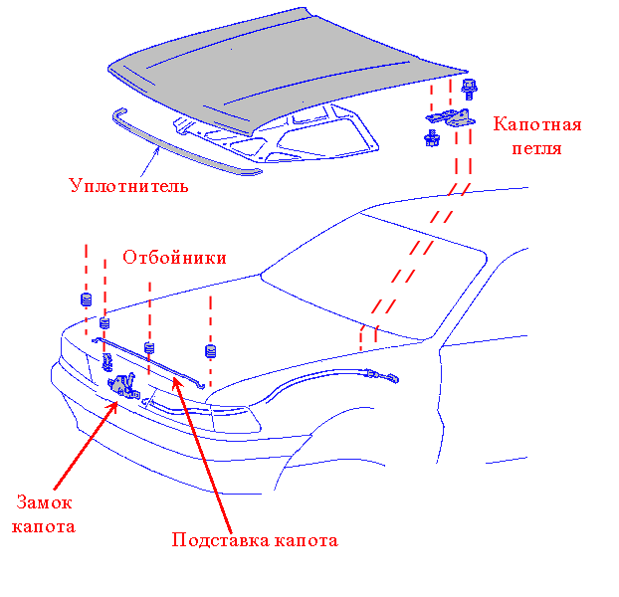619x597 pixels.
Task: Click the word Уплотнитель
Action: pyautogui.click(x=128, y=186)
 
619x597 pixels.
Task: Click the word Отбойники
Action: pyautogui.click(x=174, y=258)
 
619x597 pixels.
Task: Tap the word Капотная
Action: pyautogui.click(x=537, y=125)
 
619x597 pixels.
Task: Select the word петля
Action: pyautogui.click(x=537, y=149)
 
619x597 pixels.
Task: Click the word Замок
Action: pyautogui.click(x=44, y=503)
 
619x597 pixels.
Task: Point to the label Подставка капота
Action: pyautogui.click(x=255, y=541)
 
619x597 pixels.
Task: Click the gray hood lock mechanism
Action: pyautogui.click(x=121, y=383)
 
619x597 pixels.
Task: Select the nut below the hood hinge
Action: pyautogui.click(x=433, y=137)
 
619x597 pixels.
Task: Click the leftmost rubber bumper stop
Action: pyautogui.click(x=86, y=298)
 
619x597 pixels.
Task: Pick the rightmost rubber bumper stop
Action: pyautogui.click(x=210, y=350)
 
